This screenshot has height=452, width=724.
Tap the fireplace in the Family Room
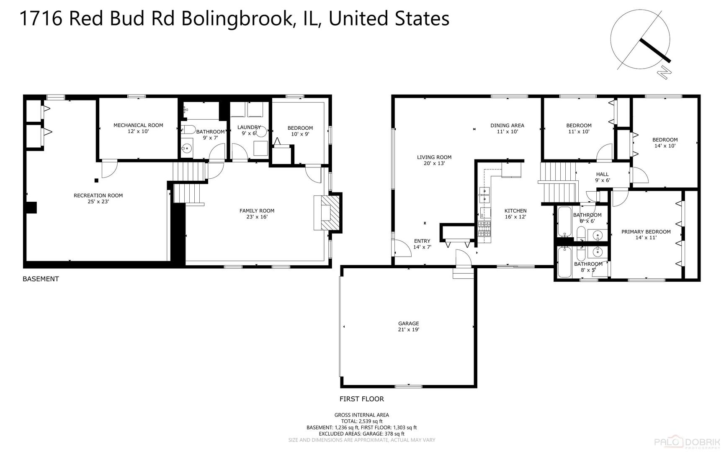tap(329, 213)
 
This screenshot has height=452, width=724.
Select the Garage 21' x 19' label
tap(408, 326)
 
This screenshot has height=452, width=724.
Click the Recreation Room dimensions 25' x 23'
tap(98, 202)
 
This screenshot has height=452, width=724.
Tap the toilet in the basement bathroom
tap(189, 129)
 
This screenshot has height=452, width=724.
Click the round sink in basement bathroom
tap(187, 148)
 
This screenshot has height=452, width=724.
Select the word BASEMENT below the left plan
tap(41, 279)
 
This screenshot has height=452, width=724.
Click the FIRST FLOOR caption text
tap(361, 399)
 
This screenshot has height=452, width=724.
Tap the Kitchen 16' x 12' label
tap(515, 214)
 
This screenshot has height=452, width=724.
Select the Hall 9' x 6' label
tap(602, 177)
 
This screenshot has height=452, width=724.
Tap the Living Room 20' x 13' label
tap(434, 160)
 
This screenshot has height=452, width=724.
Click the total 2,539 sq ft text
tap(361, 421)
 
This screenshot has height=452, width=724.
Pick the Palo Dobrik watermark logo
tap(688, 442)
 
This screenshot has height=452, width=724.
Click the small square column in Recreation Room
tap(96, 180)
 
